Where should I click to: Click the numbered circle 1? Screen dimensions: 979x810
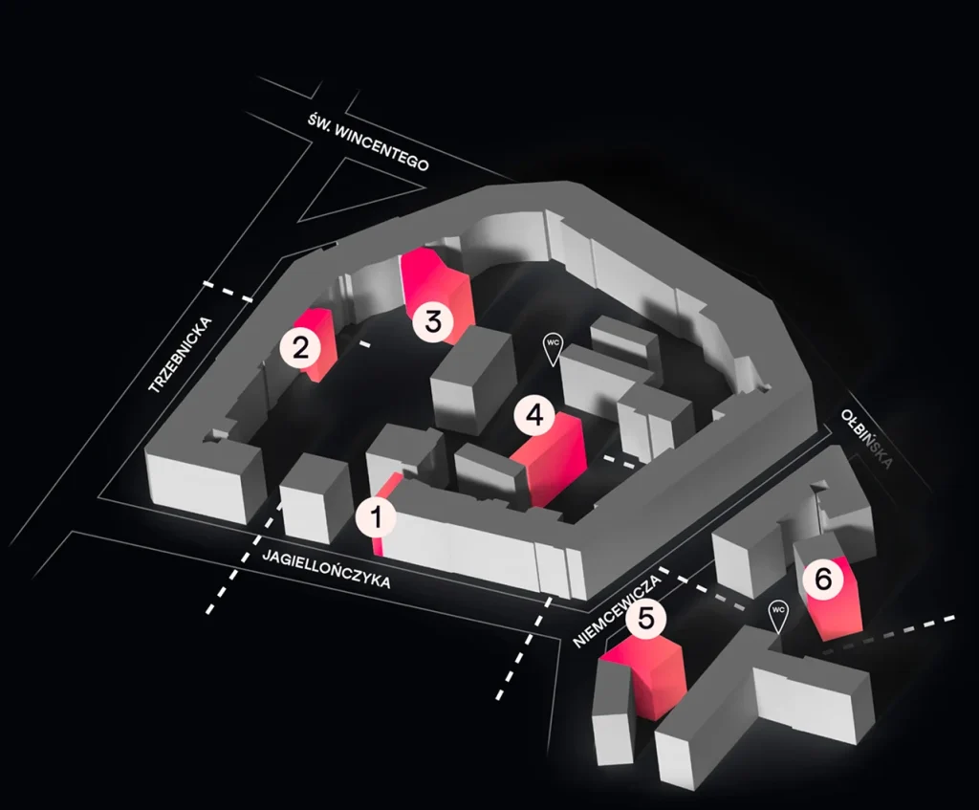pyautogui.click(x=377, y=517)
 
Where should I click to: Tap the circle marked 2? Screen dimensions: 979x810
pyautogui.click(x=301, y=348)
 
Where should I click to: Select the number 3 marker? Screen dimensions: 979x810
pyautogui.click(x=433, y=321)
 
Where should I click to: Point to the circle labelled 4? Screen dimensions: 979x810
pyautogui.click(x=535, y=415)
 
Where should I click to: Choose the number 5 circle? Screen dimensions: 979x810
pyautogui.click(x=646, y=619)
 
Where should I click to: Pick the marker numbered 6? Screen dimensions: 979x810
pyautogui.click(x=823, y=580)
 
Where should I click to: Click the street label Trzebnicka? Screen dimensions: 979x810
pyautogui.click(x=180, y=356)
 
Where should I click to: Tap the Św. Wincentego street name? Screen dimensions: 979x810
pyautogui.click(x=368, y=142)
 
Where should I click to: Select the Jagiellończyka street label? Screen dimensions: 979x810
pyautogui.click(x=327, y=568)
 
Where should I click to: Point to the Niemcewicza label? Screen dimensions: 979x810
pyautogui.click(x=617, y=612)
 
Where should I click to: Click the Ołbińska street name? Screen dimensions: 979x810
pyautogui.click(x=866, y=438)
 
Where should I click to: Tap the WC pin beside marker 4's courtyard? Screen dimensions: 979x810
pyautogui.click(x=553, y=350)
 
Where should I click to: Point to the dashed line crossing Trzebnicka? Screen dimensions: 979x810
pyautogui.click(x=228, y=293)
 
